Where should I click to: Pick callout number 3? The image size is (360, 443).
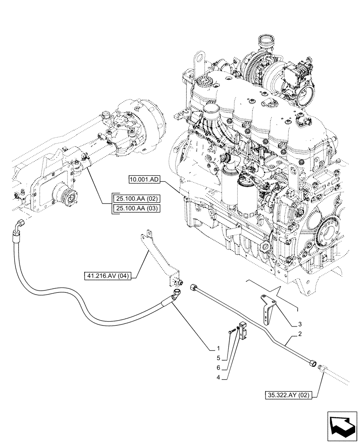coord(300,324)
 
